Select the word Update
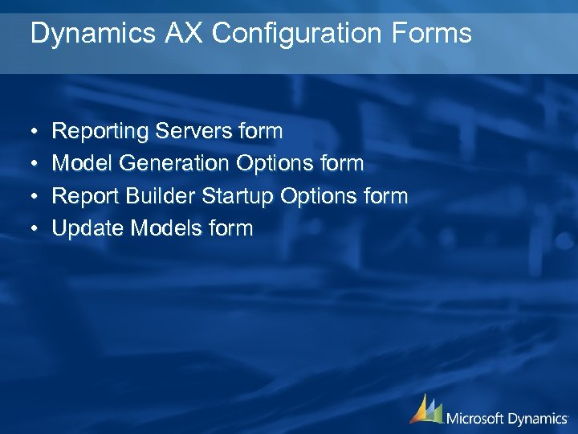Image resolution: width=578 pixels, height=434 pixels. pos(88,229)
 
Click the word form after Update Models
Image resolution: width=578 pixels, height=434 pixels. pos(231,229)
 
